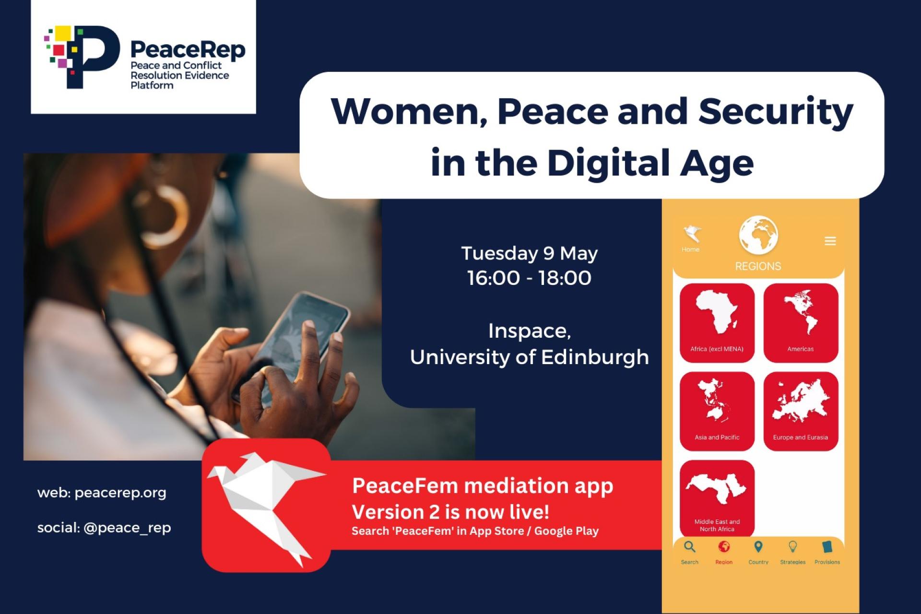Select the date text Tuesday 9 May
(x=530, y=253)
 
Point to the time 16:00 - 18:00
(x=530, y=278)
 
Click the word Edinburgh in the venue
(x=595, y=357)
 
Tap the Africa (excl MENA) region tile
(x=717, y=322)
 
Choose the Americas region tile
(x=801, y=322)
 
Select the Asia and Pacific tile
(x=717, y=411)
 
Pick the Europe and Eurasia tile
(x=801, y=411)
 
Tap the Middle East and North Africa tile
(x=717, y=498)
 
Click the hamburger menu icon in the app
(x=830, y=241)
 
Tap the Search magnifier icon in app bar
(x=690, y=547)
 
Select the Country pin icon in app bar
(x=758, y=547)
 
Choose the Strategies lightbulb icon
(x=793, y=547)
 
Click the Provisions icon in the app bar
(x=827, y=547)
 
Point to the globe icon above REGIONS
(x=758, y=235)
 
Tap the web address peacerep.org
(x=120, y=493)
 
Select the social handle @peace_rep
(x=127, y=528)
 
